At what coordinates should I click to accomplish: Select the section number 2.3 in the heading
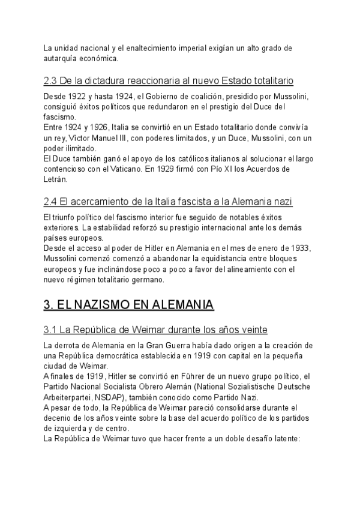point(51,80)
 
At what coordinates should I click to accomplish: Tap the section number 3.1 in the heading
point(51,330)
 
